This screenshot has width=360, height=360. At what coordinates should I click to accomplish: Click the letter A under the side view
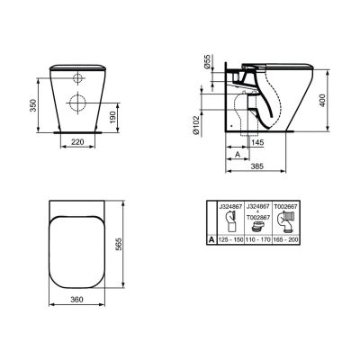click(236, 154)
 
